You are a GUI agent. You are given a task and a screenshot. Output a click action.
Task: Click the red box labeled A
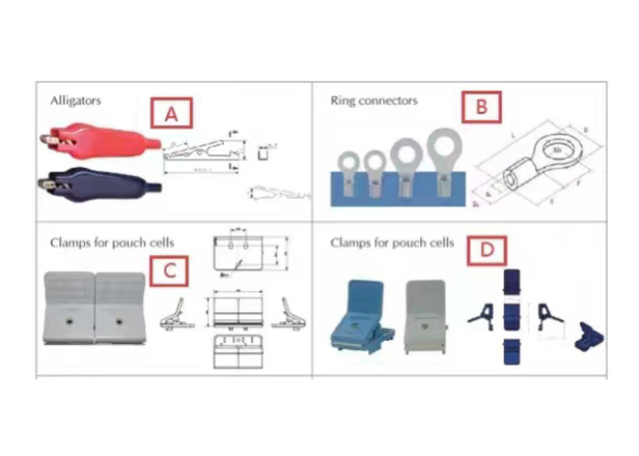[x=171, y=114]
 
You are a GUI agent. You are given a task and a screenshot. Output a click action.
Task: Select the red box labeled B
[x=482, y=108]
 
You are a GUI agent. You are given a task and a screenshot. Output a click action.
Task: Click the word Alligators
[x=75, y=100]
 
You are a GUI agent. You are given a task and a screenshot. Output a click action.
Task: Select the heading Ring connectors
[x=373, y=100]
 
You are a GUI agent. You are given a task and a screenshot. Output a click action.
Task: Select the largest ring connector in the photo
[x=442, y=164]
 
